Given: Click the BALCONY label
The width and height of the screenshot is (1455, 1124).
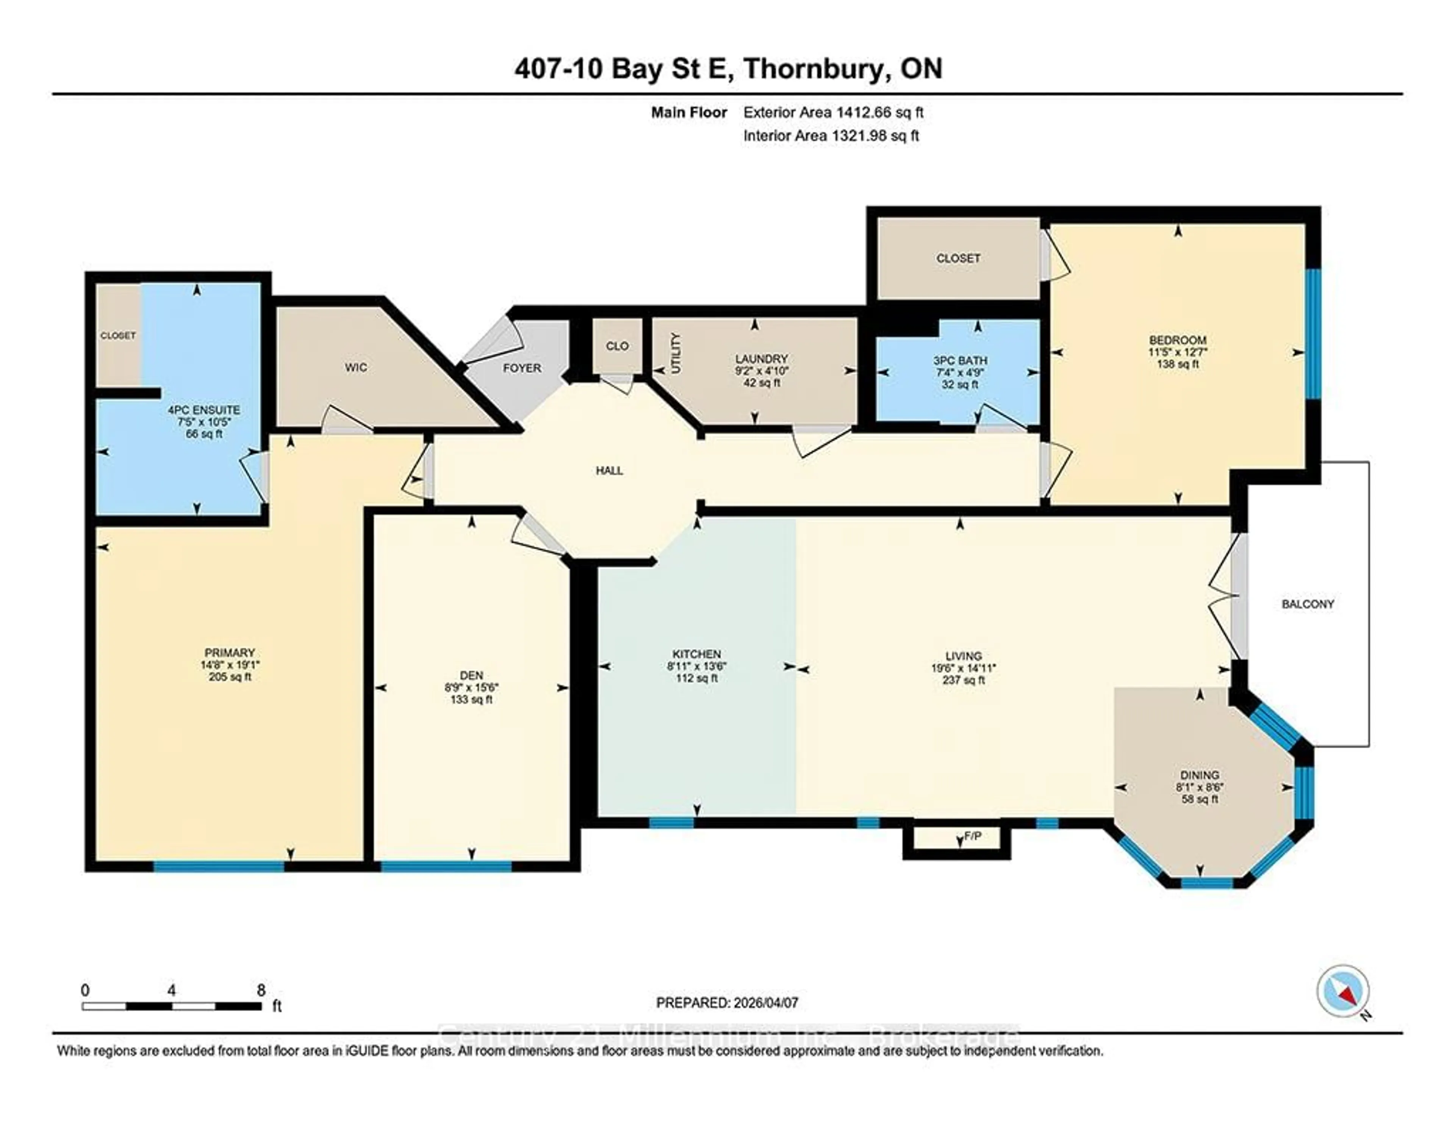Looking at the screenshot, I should coord(1307,604).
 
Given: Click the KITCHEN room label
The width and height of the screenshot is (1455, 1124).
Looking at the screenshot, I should coord(696,654).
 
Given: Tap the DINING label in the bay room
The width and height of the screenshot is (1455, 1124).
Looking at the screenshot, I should coord(1199,775).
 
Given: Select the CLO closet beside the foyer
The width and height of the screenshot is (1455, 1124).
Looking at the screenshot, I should coord(617,346).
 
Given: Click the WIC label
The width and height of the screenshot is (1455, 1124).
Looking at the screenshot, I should coord(356,368).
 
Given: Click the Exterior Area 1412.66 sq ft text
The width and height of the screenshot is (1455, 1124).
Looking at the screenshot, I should coord(833,113).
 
